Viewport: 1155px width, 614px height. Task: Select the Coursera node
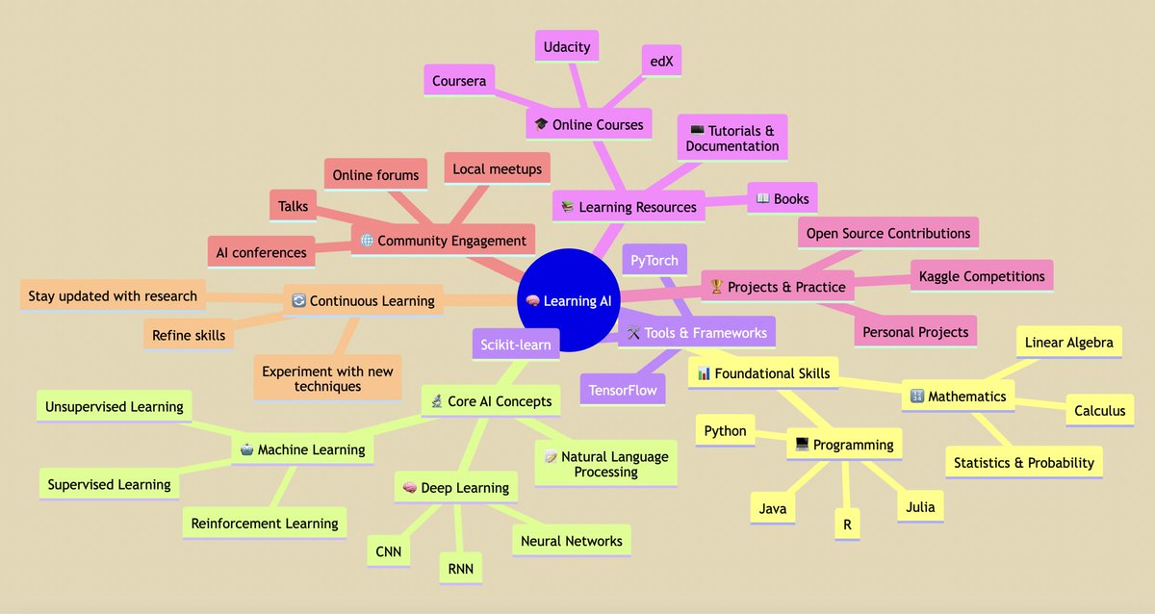(459, 81)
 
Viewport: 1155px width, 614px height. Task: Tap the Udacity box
(566, 46)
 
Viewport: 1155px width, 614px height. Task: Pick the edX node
(661, 61)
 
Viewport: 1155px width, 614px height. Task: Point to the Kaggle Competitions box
(981, 276)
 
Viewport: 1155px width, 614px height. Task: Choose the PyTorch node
(654, 260)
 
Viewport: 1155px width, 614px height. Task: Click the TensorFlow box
(624, 390)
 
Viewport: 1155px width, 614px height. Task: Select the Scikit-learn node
(515, 345)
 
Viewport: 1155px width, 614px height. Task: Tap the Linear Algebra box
(1068, 342)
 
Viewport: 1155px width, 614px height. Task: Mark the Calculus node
(1099, 410)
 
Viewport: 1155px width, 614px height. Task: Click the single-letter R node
(847, 525)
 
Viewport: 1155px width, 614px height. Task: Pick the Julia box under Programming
(919, 507)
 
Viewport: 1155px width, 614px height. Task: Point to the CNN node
(390, 551)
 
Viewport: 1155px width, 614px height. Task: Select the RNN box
(460, 568)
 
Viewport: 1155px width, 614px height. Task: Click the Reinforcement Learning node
(265, 524)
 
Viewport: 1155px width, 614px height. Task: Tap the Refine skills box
(189, 335)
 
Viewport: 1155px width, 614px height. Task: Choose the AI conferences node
(260, 252)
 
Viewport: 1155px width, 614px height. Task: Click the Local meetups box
(497, 168)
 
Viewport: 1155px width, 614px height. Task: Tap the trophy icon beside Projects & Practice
(715, 287)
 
